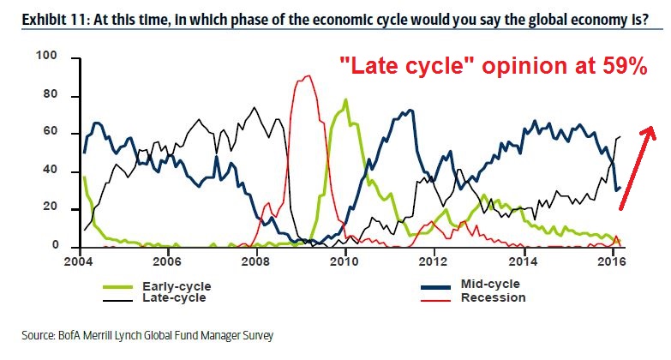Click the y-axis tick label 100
pyautogui.click(x=45, y=57)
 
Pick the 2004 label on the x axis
pyautogui.click(x=79, y=261)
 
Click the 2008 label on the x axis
pyautogui.click(x=256, y=261)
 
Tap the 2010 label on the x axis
pyautogui.click(x=344, y=261)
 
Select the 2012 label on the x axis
pyautogui.click(x=434, y=261)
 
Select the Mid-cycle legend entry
pyautogui.click(x=489, y=284)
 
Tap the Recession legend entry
pyautogui.click(x=493, y=297)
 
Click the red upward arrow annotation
pyautogui.click(x=637, y=167)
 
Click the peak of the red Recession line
pyautogui.click(x=307, y=76)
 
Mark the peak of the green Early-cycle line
pyautogui.click(x=345, y=99)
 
